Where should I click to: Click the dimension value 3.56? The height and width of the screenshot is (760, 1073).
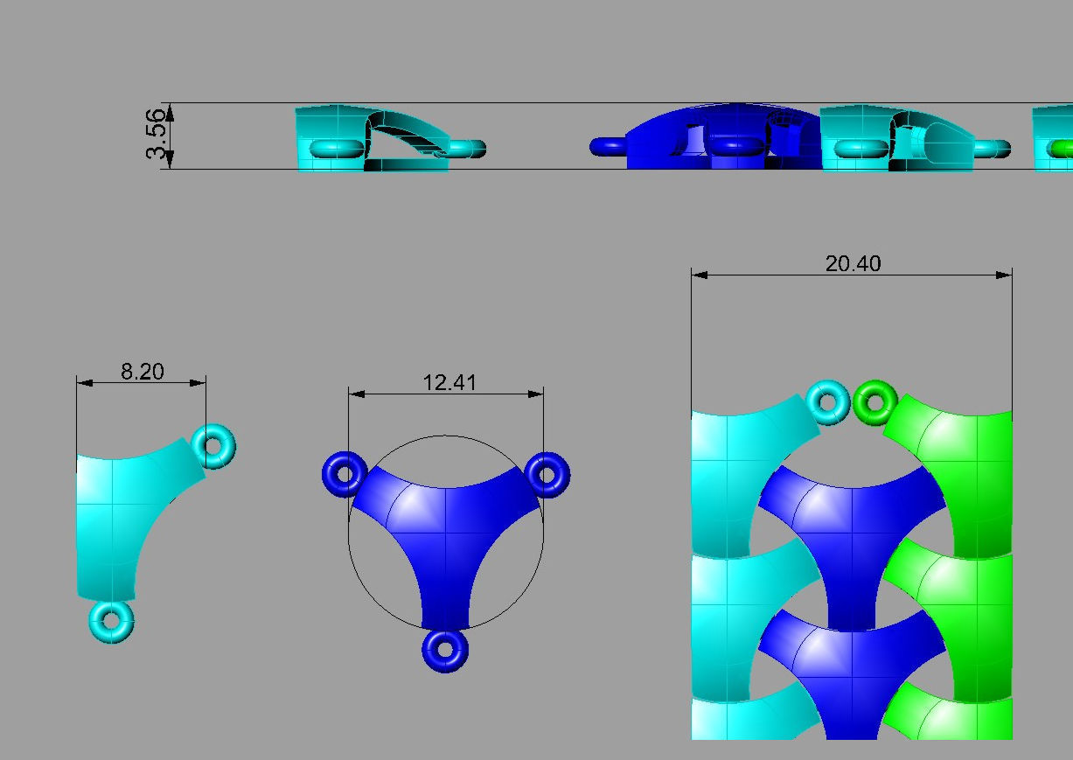tap(156, 134)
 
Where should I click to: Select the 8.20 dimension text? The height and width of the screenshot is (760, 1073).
tap(142, 372)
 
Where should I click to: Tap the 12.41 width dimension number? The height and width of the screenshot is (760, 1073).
tap(449, 383)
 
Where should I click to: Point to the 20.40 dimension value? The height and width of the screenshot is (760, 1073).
tap(853, 263)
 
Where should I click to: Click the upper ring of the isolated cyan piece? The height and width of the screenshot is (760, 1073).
tap(213, 446)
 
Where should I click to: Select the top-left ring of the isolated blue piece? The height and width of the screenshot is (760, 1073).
tap(345, 474)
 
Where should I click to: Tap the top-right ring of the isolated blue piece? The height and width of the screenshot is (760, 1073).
tap(547, 474)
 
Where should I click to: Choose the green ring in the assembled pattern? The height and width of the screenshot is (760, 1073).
tap(874, 401)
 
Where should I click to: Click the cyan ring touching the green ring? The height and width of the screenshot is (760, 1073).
tap(826, 401)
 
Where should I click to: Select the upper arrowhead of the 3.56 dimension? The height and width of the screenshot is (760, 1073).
tap(170, 110)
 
